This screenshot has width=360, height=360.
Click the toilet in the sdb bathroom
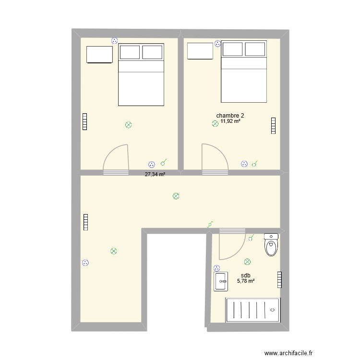pos(271,246)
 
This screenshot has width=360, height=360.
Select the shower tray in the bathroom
pos(252,310)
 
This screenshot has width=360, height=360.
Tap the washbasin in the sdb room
pos(221,281)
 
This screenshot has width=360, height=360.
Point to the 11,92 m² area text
pos(230,122)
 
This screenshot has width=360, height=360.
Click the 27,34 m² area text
pos(155,175)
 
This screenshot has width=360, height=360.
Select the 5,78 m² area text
pos(245,281)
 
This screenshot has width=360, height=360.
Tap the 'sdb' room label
pos(245,276)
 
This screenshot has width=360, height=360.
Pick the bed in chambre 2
pos(244,72)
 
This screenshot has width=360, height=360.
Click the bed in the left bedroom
pos(141,74)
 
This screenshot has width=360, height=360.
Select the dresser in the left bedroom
pos(99,54)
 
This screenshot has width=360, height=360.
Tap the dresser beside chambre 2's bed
pos(200,51)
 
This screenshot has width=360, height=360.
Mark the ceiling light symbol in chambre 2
pos(215,124)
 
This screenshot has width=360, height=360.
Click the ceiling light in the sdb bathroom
pos(247,262)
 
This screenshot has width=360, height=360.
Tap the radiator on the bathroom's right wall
pos(279,280)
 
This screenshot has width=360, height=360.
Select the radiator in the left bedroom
pos(85,121)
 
